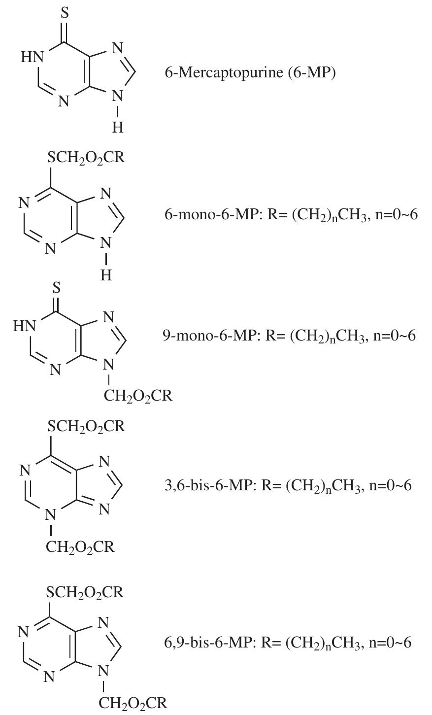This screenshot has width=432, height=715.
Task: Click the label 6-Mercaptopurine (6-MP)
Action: tap(250, 73)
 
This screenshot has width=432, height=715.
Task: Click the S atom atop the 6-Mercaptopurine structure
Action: tap(65, 13)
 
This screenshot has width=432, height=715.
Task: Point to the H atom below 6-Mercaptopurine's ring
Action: tap(118, 128)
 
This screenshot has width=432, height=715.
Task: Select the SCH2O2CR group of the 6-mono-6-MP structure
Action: tap(86, 158)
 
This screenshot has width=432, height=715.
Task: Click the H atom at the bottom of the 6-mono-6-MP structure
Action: tap(106, 275)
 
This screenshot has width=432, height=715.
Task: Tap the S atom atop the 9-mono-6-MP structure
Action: tap(57, 288)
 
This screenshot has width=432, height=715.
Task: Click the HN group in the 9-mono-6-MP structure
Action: tap(24, 326)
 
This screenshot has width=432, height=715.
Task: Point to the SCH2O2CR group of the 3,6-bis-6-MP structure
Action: tap(86, 426)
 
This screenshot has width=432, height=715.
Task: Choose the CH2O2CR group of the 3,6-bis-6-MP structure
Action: tap(80, 547)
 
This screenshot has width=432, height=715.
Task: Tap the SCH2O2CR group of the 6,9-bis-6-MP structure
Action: tap(85, 592)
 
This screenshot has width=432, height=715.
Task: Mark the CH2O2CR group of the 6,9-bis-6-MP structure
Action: tap(133, 703)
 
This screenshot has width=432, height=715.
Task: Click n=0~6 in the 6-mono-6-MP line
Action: tap(397, 214)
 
